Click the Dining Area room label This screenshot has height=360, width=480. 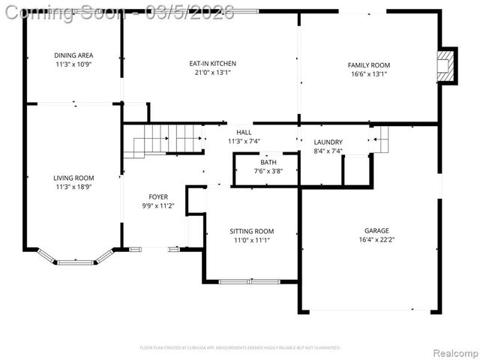73,55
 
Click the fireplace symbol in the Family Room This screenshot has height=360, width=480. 446,66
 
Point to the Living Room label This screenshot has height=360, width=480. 73,178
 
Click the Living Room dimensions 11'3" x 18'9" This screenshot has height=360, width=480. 73,187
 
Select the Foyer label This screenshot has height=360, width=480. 158,196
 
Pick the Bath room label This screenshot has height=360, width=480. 268,162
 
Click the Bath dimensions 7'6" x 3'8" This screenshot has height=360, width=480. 268,171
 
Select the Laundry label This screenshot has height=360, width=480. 328,142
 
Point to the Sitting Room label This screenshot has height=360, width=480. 251,231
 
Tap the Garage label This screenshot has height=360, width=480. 376,230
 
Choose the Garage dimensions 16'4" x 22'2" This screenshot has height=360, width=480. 376,240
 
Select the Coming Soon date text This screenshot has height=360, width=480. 118,12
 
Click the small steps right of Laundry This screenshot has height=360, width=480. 381,139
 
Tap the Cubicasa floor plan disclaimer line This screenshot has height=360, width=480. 240,348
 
